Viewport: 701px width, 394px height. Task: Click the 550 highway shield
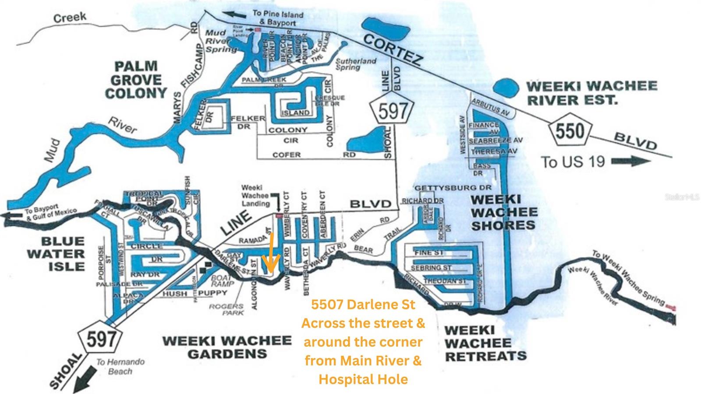[x=570, y=130]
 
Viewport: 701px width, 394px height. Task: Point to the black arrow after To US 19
[x=630, y=162]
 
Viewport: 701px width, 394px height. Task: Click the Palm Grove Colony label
[x=136, y=80]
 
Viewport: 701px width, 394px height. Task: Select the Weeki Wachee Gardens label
[x=227, y=347]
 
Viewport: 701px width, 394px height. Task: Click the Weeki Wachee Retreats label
[x=485, y=343]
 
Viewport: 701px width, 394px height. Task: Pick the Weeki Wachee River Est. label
[x=591, y=92]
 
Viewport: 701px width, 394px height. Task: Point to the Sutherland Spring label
[x=356, y=64]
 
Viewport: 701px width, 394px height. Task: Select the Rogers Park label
[x=226, y=310]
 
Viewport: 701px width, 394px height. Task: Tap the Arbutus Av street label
[x=490, y=107]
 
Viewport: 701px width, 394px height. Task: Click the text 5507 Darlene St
[x=363, y=304]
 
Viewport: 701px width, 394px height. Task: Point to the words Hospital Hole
[x=363, y=379]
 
